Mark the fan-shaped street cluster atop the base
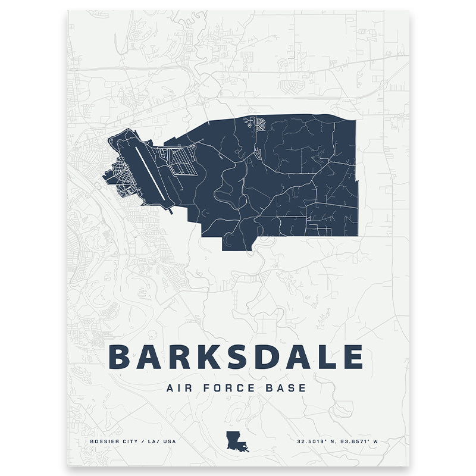pos(261,125)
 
